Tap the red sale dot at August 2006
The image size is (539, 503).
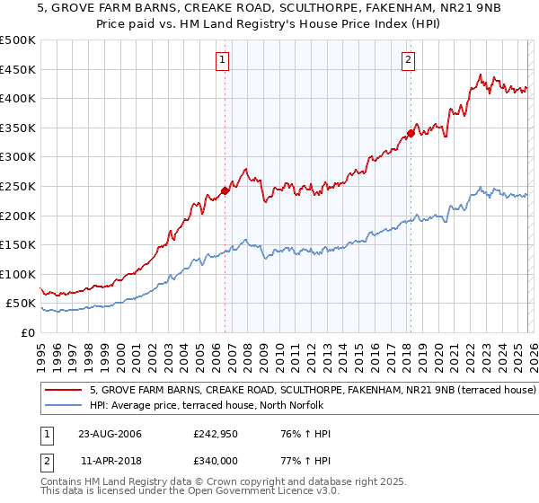pyautogui.click(x=225, y=190)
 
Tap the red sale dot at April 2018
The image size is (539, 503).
pyautogui.click(x=411, y=133)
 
